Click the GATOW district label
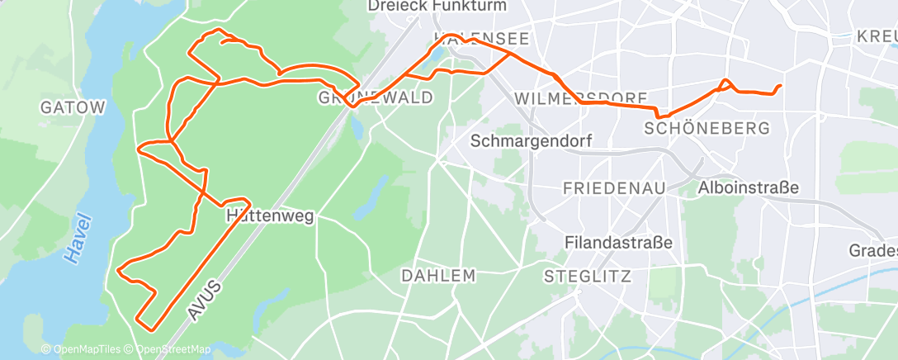click(x=73, y=107)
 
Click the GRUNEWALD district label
click(x=376, y=98)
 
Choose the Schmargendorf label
click(x=531, y=141)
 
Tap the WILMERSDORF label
click(x=580, y=99)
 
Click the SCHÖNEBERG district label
click(x=707, y=128)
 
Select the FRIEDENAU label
click(x=614, y=188)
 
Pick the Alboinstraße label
click(x=748, y=187)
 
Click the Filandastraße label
click(x=618, y=243)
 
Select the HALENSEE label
click(x=480, y=40)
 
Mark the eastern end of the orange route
click(x=780, y=87)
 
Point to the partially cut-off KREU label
click(x=877, y=37)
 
